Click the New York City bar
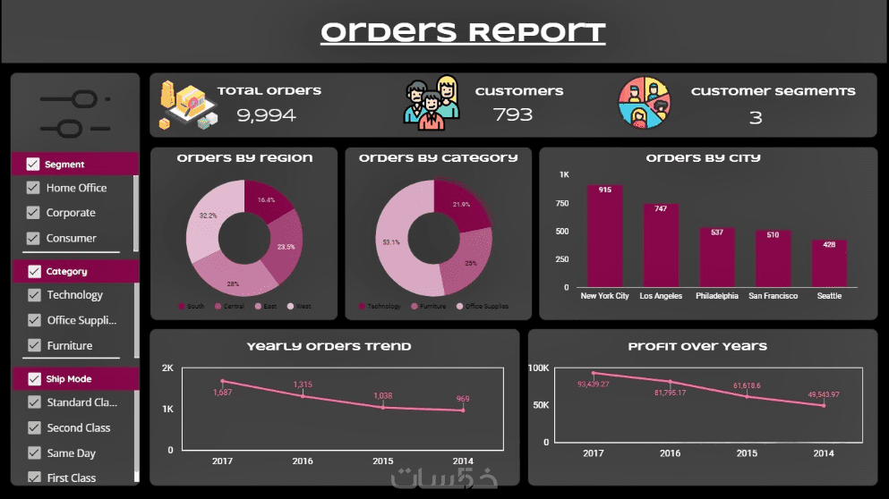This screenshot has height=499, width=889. tap(604, 236)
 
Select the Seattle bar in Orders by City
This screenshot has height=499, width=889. tap(829, 263)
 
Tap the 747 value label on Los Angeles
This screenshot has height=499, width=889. tap(661, 209)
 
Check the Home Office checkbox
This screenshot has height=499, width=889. tap(34, 188)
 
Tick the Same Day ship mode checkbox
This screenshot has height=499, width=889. tap(34, 453)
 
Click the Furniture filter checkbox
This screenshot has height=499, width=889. tap(34, 345)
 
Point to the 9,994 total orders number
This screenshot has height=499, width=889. tap(266, 114)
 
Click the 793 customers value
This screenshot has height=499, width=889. tap(513, 114)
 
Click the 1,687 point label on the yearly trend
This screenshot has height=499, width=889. tap(223, 392)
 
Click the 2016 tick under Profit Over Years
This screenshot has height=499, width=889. tap(670, 453)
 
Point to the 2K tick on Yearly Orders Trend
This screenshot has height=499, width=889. tap(167, 368)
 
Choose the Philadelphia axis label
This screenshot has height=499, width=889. tap(717, 296)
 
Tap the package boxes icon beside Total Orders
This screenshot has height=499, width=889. tap(187, 105)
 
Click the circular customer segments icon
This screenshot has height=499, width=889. tap(645, 104)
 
